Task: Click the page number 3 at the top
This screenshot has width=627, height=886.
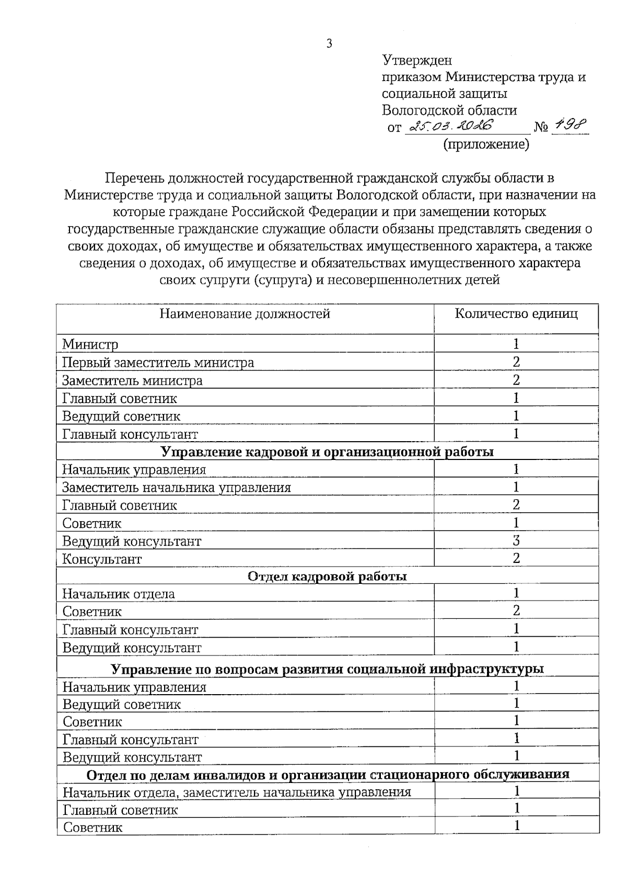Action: [329, 44]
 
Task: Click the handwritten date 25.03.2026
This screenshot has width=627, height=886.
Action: [452, 126]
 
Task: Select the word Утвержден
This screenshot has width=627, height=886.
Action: [417, 61]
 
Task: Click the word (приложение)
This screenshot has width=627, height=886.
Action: [486, 144]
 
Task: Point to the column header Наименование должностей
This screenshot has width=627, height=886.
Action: [245, 314]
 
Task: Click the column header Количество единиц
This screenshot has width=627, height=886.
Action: [516, 314]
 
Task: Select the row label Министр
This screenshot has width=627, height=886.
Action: [90, 344]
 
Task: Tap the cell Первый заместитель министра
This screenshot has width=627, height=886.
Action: [158, 363]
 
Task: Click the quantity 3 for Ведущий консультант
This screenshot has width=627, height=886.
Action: [516, 540]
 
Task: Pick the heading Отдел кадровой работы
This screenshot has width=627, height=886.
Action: [327, 577]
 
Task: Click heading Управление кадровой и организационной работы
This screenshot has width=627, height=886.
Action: [327, 452]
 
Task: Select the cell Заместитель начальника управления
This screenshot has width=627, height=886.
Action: [176, 488]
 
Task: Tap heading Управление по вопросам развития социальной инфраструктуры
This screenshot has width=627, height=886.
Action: [327, 670]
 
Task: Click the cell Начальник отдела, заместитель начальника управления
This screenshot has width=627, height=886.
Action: [237, 792]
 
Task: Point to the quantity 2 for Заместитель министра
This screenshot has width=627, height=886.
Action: [516, 380]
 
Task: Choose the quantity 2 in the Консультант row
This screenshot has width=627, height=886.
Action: [516, 558]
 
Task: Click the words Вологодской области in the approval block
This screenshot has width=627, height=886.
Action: [449, 111]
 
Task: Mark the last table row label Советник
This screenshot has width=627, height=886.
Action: [92, 828]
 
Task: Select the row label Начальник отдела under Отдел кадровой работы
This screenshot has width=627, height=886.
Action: [119, 594]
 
